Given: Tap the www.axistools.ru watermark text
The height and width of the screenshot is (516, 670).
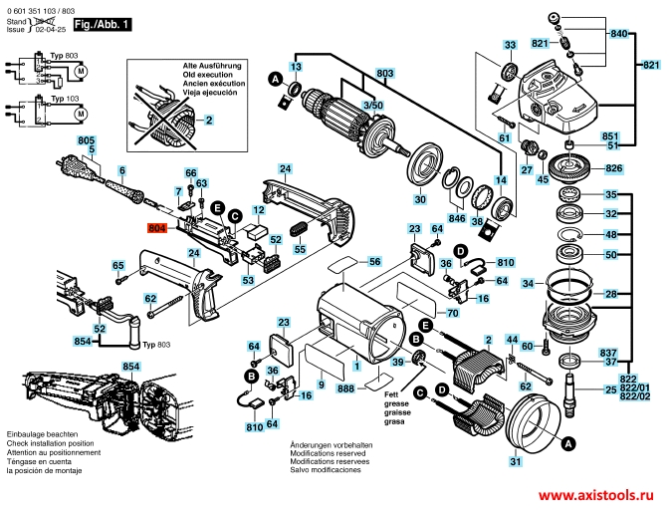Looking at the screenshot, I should [601, 495].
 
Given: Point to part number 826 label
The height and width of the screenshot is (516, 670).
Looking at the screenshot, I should [613, 168].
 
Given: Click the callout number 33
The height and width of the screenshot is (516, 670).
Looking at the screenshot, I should [510, 46].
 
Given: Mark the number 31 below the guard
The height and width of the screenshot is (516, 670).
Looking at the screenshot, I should [515, 461].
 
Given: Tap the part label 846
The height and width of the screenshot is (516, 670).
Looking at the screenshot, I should [456, 217].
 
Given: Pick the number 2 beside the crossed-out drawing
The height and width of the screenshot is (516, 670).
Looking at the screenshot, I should [209, 120].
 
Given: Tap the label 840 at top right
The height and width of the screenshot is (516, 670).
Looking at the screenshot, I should [619, 34].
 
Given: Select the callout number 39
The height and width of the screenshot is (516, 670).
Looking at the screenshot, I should [397, 363].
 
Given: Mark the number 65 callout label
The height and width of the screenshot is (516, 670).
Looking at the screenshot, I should [117, 265].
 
